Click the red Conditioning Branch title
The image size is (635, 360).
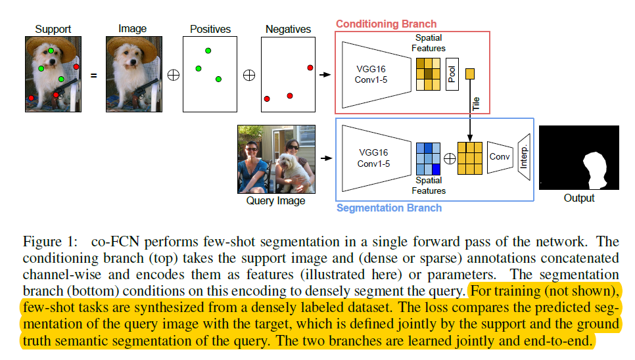coord(386,24)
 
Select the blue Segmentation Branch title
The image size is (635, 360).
coord(388,208)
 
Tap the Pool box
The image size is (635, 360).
coord(452,74)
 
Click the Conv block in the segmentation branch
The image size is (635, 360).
coord(500,158)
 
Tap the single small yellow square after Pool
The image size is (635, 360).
coord(471,73)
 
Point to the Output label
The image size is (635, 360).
coord(578,198)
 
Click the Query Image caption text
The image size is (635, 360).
coord(275,200)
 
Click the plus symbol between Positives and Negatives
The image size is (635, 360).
coord(249,75)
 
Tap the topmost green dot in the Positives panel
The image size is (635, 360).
coord(208,51)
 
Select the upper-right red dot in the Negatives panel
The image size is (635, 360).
coord(310,68)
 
